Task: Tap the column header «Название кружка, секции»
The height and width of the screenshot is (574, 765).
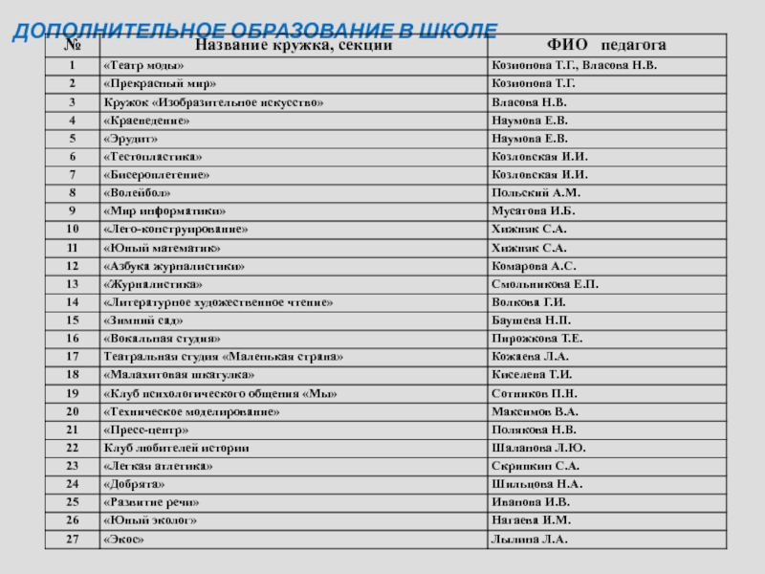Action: pos(293,45)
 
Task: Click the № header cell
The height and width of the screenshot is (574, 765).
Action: pos(72,45)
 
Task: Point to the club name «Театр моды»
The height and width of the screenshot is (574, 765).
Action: pos(139,65)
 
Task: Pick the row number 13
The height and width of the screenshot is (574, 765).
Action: pos(72,284)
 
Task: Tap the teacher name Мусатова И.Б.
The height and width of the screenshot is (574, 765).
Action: pos(533,210)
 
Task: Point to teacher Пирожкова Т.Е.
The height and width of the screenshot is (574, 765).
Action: pos(536,339)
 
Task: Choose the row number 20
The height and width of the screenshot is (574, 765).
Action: pos(72,411)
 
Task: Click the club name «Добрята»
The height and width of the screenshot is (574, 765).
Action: pos(127,484)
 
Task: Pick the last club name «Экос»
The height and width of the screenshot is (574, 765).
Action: pos(122,540)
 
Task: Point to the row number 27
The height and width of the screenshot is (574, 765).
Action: pos(72,540)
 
